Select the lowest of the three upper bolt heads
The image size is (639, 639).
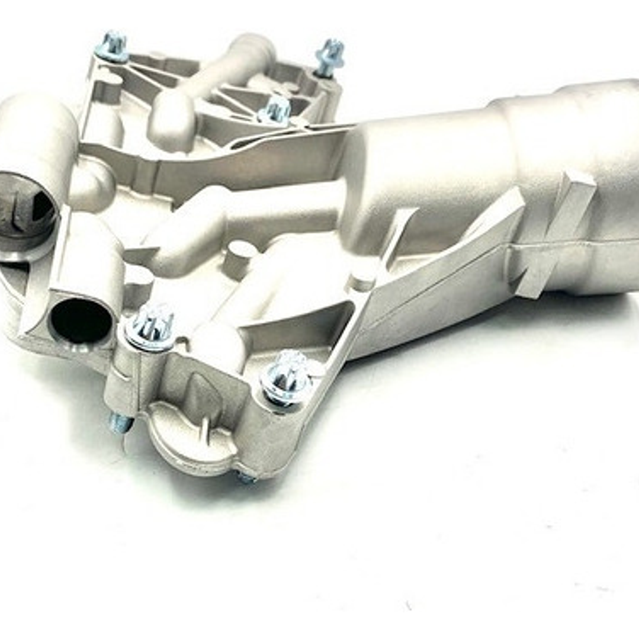(x=275, y=110)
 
